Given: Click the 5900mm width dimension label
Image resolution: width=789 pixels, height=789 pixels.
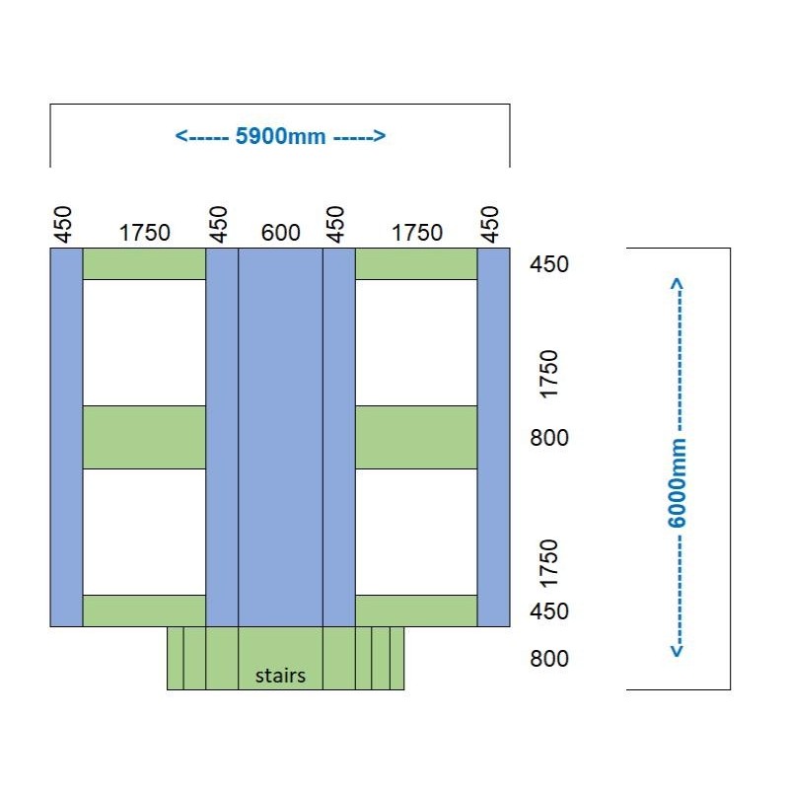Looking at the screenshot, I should coord(280,136).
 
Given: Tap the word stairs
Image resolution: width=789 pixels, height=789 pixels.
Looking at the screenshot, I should coord(280,676).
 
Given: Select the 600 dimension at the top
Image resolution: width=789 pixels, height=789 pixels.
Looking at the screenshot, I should coord(280,233).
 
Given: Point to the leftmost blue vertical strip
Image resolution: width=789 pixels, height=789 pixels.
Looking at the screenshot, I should coord(66,437).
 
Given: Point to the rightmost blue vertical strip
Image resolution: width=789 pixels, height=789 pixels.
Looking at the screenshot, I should coord(493,437).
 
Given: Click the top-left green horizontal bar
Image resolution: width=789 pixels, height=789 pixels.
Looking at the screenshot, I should coord(144,264).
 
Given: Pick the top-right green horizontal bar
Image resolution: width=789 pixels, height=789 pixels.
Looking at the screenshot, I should coord(416,264).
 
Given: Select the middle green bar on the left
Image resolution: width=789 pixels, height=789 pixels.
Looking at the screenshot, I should coord(144,437).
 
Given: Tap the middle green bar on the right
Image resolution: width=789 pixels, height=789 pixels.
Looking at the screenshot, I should coord(416,437).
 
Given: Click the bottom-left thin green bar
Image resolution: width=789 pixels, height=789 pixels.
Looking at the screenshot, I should coord(144,610).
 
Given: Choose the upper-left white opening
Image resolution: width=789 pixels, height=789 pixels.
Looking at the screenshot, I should coord(144,342).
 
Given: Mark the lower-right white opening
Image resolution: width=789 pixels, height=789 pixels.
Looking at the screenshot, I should coord(416,532).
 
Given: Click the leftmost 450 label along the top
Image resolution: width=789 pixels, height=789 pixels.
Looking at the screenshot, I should coord(64,224).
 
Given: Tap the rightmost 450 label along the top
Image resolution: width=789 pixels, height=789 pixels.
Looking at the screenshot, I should coord(490,224).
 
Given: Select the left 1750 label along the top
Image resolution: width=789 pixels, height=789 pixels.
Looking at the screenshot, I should coord(145,233).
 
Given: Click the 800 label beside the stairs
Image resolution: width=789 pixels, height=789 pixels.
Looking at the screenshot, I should coord(549,659).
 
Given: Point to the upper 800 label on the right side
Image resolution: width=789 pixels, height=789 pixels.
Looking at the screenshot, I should coord(549,438).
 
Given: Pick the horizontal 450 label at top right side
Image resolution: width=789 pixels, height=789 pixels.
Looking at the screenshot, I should coord(549,264).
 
